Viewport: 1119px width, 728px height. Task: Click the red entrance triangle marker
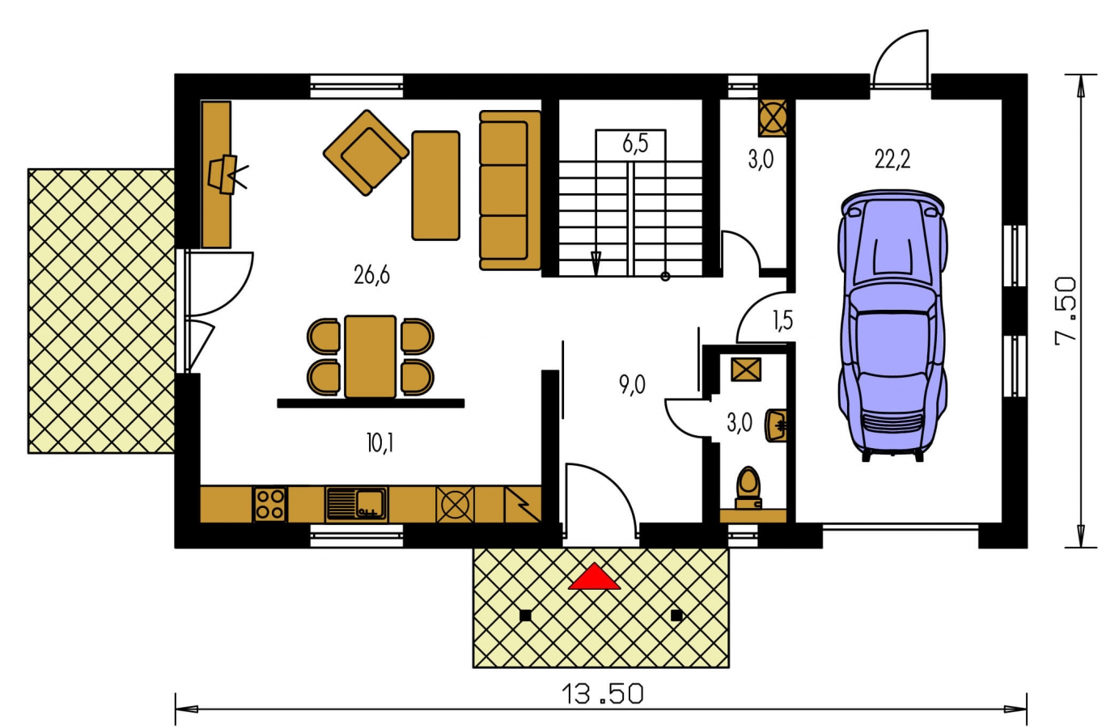pos(595,578)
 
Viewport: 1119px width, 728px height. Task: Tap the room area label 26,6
pos(371,275)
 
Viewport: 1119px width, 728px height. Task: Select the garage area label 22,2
pos(892,159)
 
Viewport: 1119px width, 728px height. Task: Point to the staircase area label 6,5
pos(635,144)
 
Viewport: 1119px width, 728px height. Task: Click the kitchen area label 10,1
pos(379,443)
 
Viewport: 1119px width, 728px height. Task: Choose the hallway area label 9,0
pos(632,385)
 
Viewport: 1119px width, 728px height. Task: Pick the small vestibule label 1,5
pos(782,320)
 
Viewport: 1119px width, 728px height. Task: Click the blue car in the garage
pos(892,325)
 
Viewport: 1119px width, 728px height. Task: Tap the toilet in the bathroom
pos(748,487)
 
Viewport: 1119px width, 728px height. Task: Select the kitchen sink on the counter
pos(357,503)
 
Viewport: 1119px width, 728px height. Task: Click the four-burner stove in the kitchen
pos(269,504)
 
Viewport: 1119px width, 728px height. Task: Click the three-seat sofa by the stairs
pos(510,190)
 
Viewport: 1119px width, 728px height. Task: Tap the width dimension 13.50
pos(602,694)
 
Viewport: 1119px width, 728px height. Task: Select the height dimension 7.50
pos(1066,311)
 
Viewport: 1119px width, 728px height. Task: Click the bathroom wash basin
pos(776,425)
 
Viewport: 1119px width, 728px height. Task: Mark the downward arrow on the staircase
pos(596,263)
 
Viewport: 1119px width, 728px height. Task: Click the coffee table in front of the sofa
pos(435,185)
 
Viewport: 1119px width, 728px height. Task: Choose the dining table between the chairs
pos(371,357)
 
